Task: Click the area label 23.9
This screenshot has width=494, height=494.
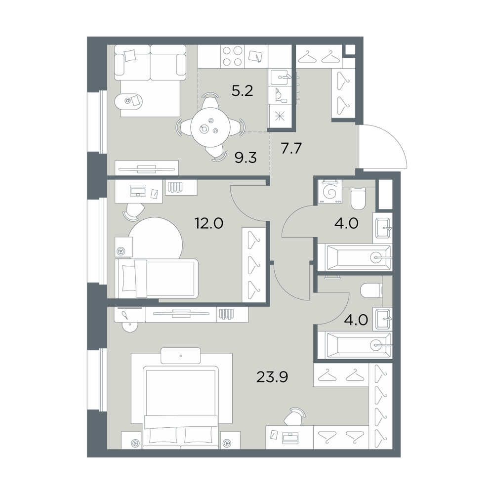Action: click(x=272, y=376)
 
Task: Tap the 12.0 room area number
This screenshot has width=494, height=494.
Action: click(x=209, y=223)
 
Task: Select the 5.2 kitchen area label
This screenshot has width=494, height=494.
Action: click(x=242, y=91)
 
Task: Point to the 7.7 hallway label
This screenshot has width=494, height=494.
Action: click(x=291, y=148)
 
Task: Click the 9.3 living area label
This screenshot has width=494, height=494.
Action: click(x=246, y=157)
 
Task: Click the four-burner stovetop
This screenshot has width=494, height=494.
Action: click(x=233, y=56)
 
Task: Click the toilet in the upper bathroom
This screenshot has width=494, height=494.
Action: click(x=358, y=198)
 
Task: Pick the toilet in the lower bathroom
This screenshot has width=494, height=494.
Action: click(x=371, y=291)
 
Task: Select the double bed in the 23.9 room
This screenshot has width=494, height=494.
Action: click(x=180, y=407)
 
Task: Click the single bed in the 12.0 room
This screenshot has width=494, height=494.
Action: click(x=157, y=278)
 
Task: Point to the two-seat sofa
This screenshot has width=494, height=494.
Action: click(x=150, y=62)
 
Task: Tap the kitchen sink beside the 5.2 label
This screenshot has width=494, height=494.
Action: click(x=280, y=77)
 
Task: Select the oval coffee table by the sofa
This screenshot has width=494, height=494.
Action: click(x=129, y=101)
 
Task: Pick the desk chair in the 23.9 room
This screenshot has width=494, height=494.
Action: click(x=295, y=416)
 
